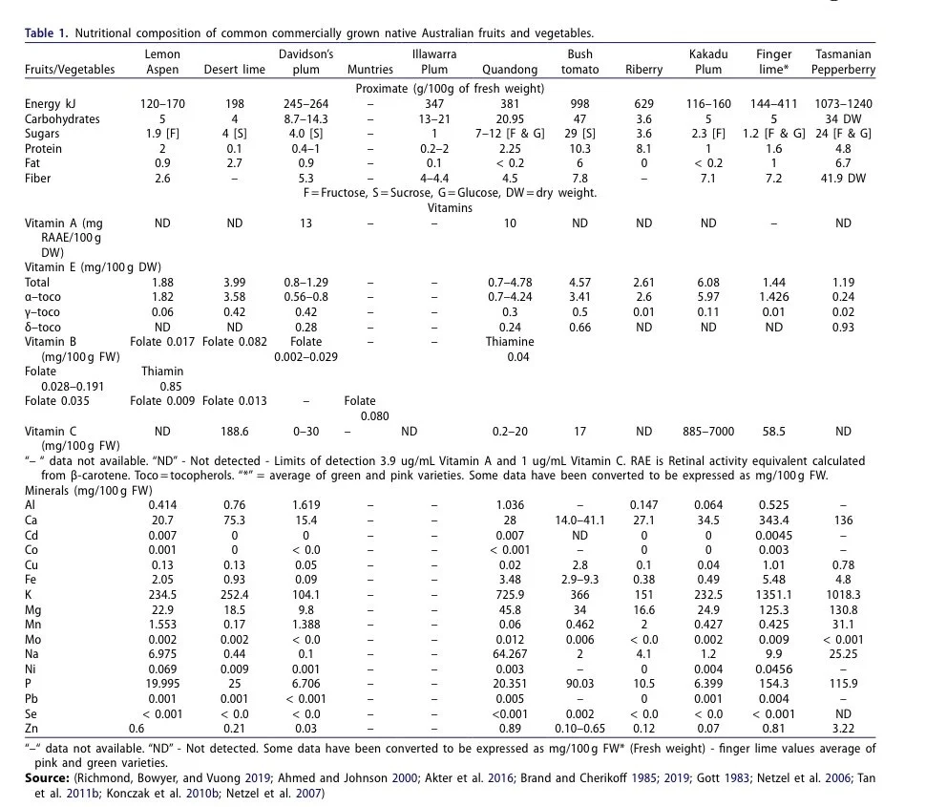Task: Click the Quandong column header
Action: click(x=510, y=70)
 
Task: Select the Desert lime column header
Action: click(x=234, y=70)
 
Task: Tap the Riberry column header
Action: click(x=643, y=70)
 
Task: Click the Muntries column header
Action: click(x=370, y=70)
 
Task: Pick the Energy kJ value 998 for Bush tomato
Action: click(x=579, y=104)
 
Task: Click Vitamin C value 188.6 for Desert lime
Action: click(x=234, y=431)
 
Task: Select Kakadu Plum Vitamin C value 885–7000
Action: click(x=707, y=431)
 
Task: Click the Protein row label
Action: click(x=44, y=149)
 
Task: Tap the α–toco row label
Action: click(x=45, y=297)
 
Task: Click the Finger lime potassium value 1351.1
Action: click(x=773, y=593)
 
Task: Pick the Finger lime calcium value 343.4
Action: click(x=773, y=519)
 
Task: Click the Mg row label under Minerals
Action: click(x=33, y=608)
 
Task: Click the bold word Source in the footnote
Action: click(x=45, y=779)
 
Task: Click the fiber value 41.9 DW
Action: click(x=842, y=179)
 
